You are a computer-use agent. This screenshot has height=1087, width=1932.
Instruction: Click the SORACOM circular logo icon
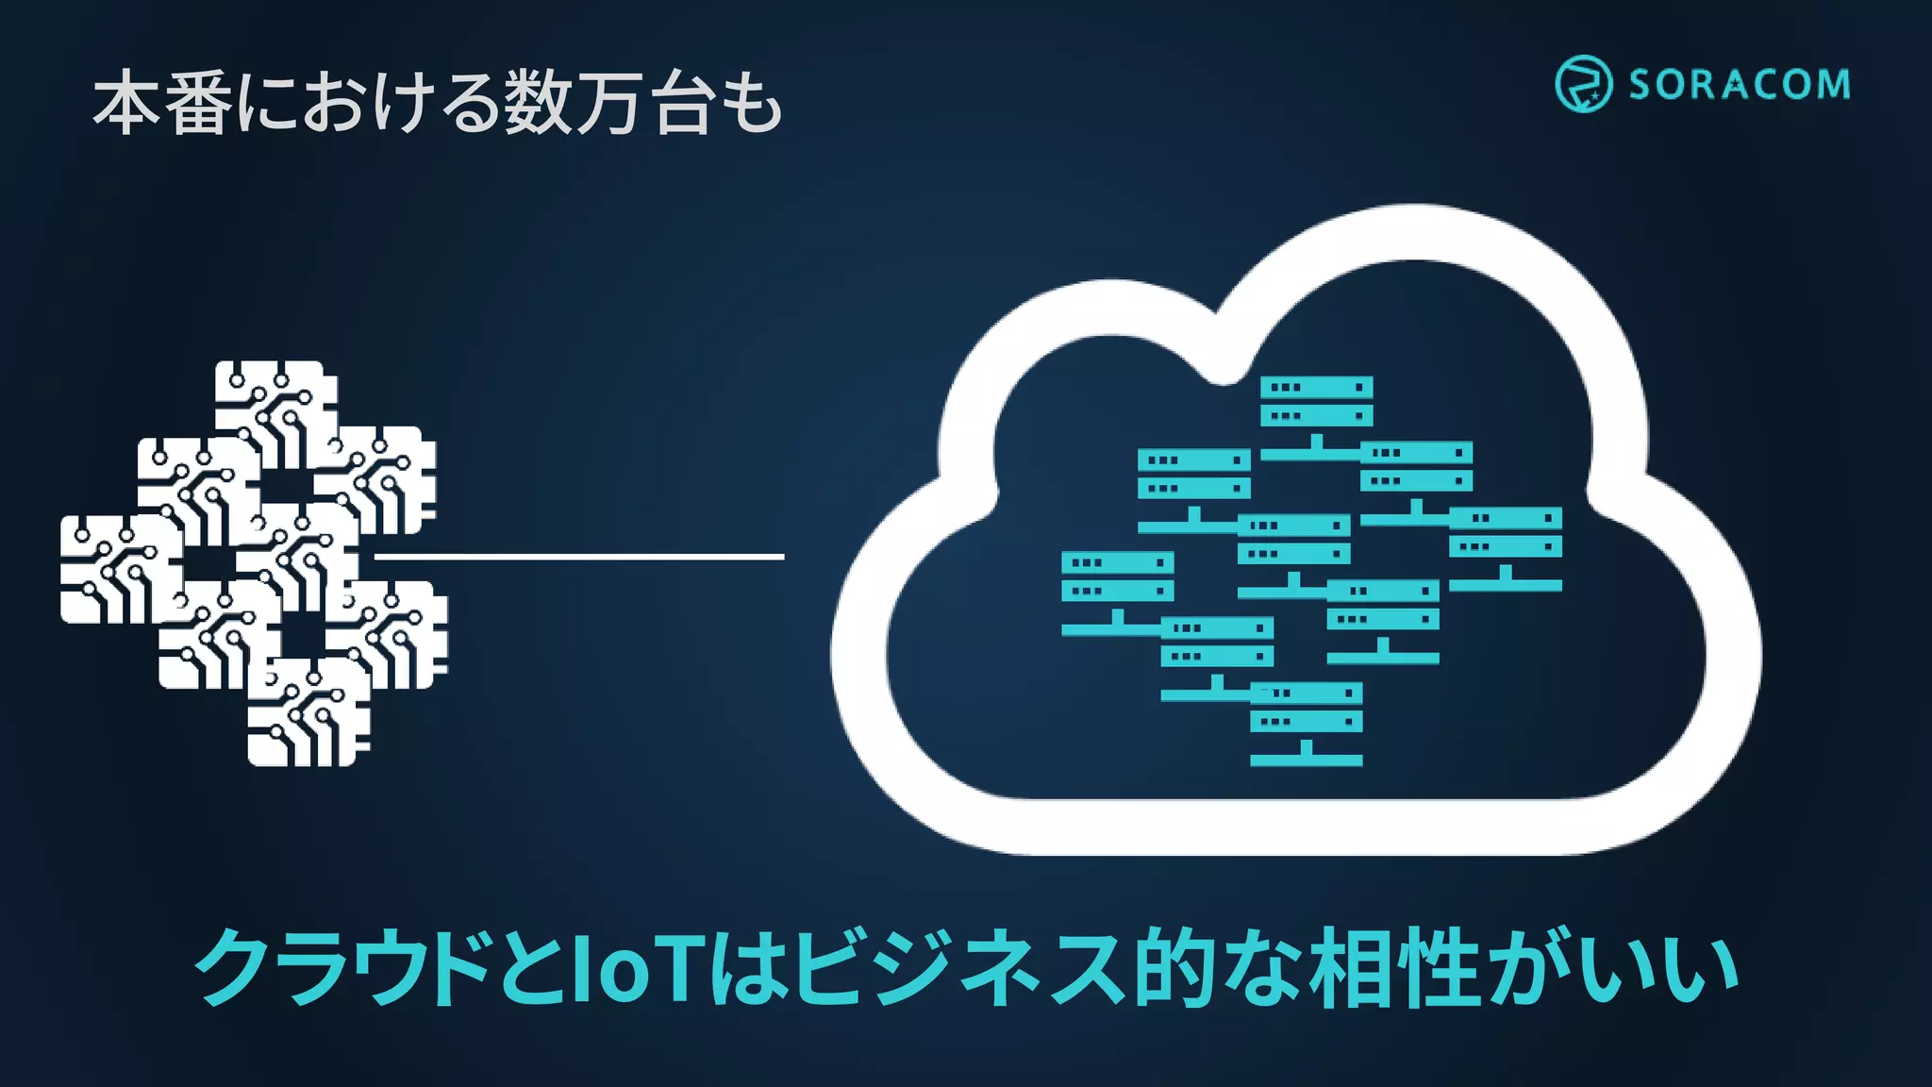[1582, 84]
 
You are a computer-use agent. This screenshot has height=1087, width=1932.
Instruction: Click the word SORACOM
[1739, 85]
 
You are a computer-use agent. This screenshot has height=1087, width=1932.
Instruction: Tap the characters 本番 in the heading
[162, 103]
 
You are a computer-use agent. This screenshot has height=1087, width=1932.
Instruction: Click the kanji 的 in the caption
[1173, 968]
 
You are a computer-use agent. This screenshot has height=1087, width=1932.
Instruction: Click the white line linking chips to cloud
[579, 557]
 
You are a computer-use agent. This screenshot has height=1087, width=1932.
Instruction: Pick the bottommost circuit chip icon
[308, 715]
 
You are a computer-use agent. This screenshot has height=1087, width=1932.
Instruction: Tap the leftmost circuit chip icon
[121, 569]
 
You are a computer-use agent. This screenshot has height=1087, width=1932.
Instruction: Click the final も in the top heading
[751, 103]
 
